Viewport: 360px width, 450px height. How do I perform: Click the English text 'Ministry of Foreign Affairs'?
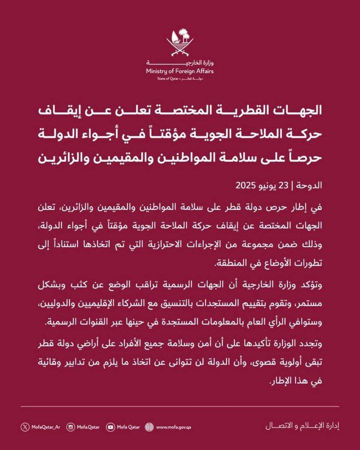(x=179, y=71)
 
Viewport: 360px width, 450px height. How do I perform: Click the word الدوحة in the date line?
(x=310, y=185)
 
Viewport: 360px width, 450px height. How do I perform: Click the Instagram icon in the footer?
(x=70, y=426)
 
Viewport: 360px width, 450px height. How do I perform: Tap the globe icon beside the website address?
(x=148, y=426)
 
